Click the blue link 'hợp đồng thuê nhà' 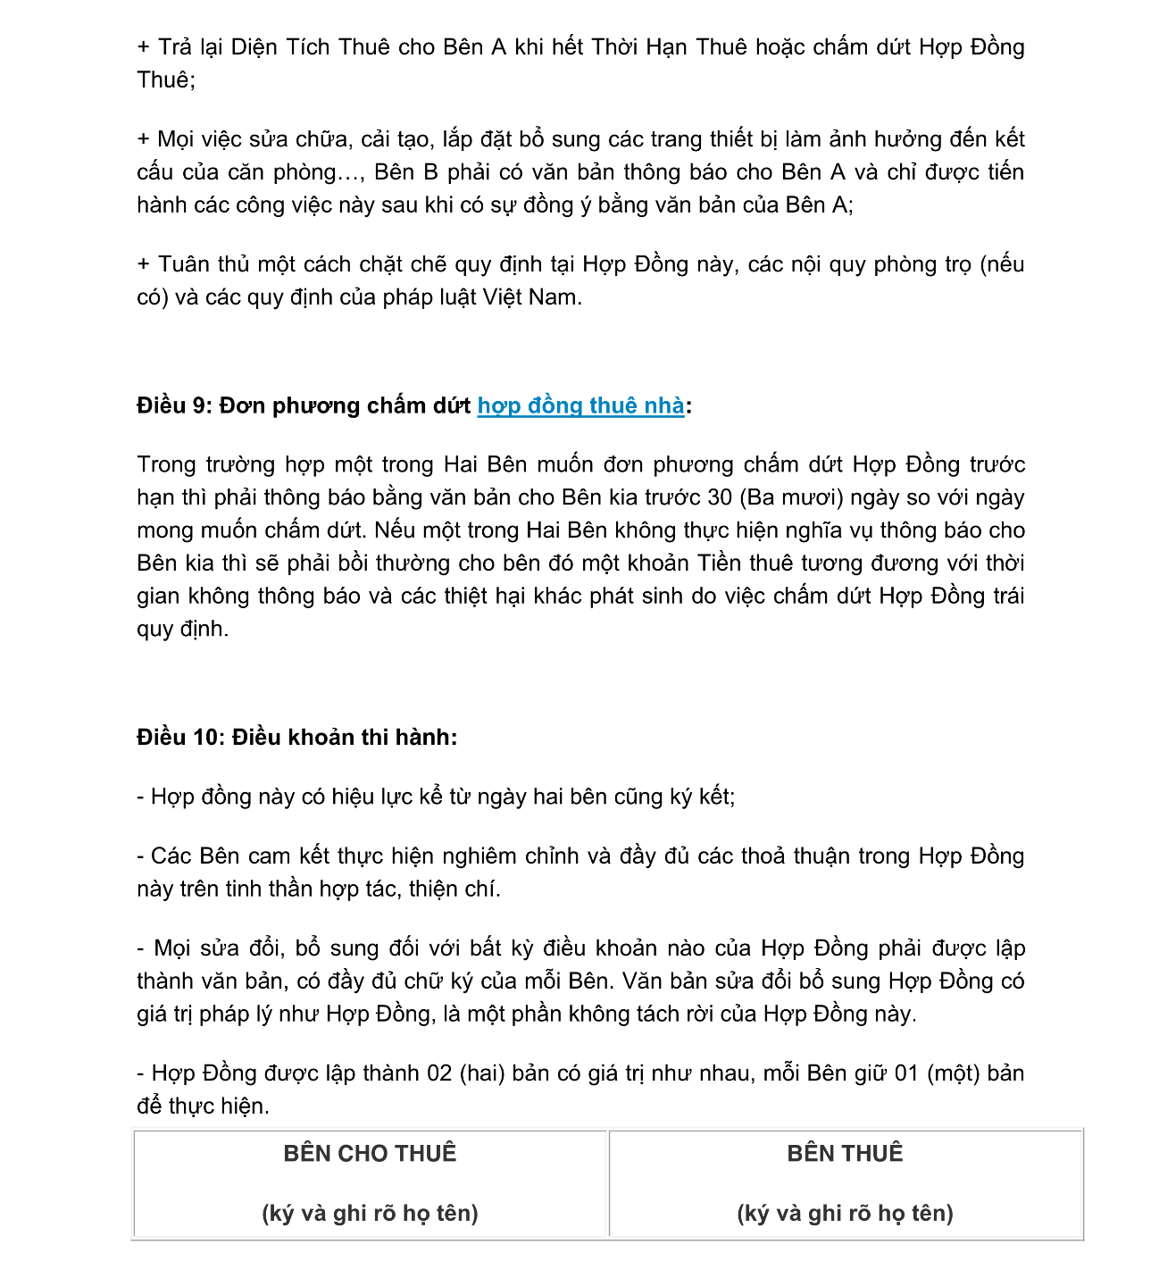point(580,406)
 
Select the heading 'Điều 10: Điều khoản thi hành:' point(296,738)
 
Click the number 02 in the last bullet point(439,1073)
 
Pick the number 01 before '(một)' point(906,1073)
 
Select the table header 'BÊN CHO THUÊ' point(370,1154)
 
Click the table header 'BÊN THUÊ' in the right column point(845,1154)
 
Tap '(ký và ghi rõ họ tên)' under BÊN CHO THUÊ point(370,1214)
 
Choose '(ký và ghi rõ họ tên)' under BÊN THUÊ point(845,1214)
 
